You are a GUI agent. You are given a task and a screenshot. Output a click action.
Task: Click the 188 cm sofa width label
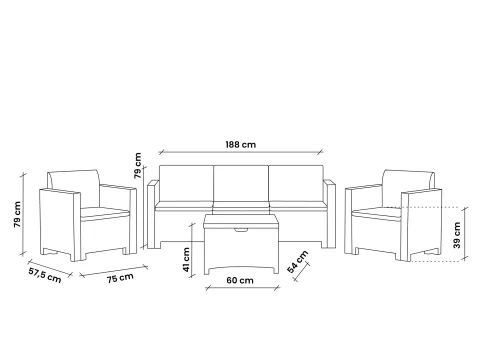(x=241, y=145)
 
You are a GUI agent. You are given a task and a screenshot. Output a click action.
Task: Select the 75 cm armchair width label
(x=120, y=278)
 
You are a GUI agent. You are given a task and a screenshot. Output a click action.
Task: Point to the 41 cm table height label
(x=186, y=260)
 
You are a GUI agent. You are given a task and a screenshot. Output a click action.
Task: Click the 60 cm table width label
(x=240, y=280)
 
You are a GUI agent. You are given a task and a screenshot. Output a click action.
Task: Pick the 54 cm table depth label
(x=297, y=262)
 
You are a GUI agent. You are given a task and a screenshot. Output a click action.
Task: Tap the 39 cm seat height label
(x=457, y=235)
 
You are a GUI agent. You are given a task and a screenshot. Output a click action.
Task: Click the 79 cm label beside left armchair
(x=17, y=214)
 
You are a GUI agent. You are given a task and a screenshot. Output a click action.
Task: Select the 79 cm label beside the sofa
(x=137, y=166)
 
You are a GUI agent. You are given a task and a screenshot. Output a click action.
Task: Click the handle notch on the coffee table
(x=241, y=230)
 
